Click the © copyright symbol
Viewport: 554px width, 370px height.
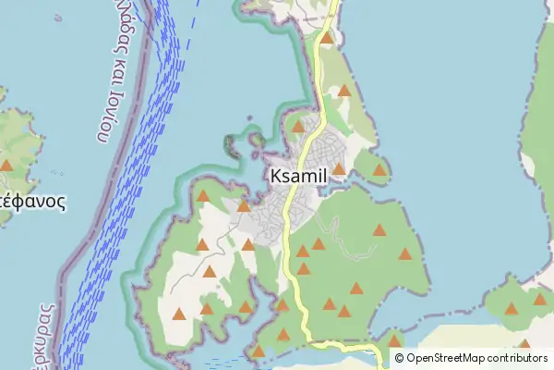(x=399, y=358)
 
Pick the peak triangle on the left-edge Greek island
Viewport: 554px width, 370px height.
(x=6, y=166)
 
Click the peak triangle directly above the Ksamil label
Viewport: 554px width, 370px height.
(x=298, y=127)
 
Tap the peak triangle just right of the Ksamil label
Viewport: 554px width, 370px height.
(x=339, y=169)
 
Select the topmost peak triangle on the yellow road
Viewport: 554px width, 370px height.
(x=327, y=39)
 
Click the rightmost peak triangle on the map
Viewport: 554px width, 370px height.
(x=540, y=299)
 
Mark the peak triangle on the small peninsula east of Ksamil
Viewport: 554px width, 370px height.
(x=379, y=170)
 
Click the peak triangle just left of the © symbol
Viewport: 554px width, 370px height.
(x=395, y=340)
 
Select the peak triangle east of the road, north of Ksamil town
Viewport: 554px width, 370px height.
(x=344, y=91)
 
